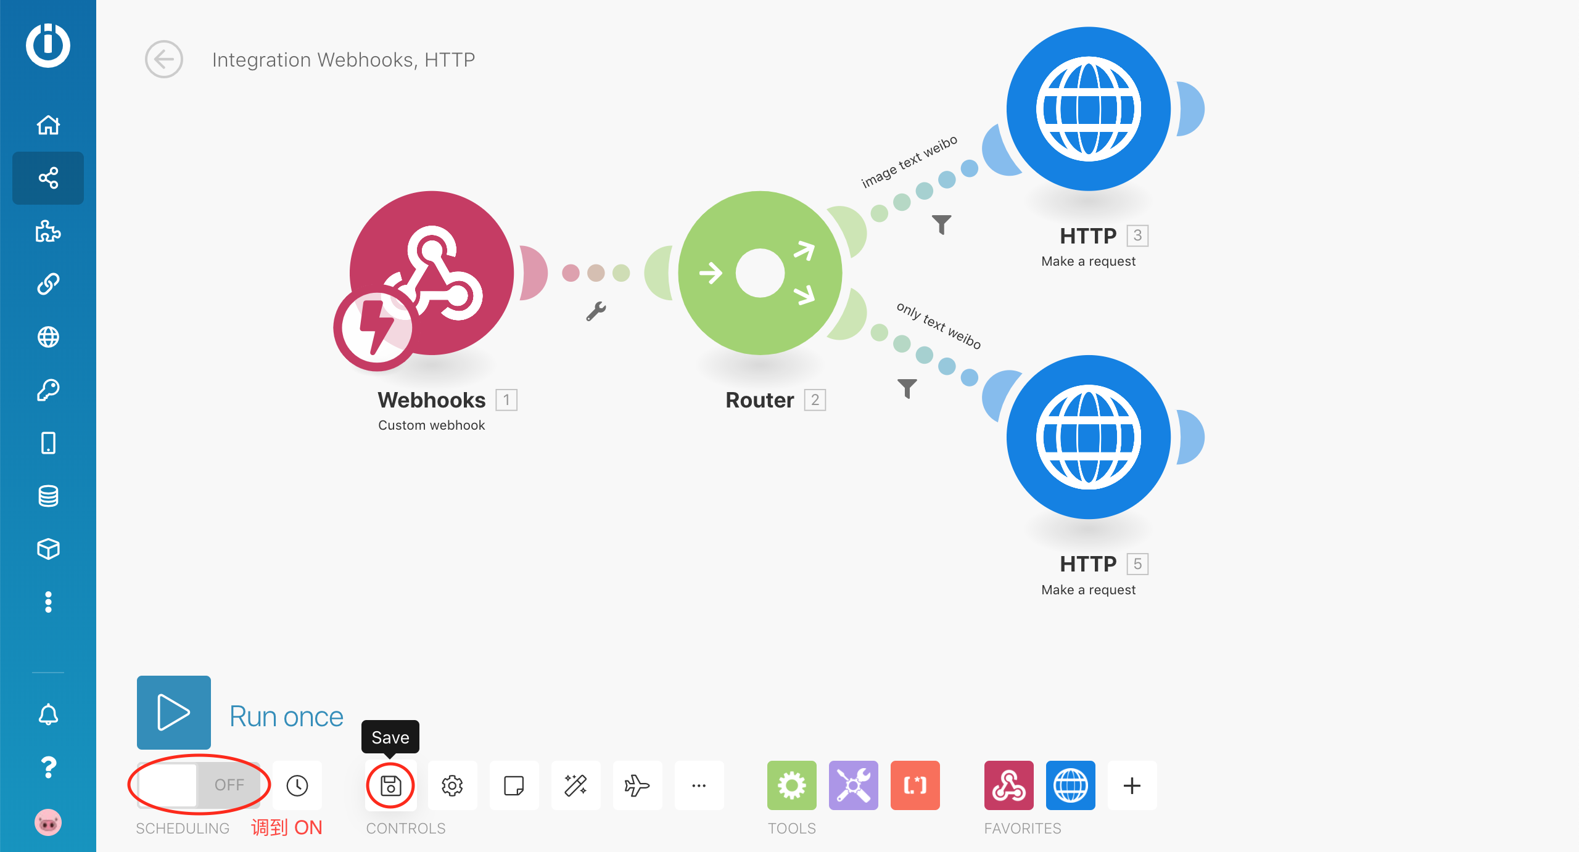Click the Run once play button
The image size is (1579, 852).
[173, 712]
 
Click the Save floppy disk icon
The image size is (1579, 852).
[390, 785]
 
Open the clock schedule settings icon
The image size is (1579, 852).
[297, 785]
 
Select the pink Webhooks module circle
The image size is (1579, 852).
[432, 273]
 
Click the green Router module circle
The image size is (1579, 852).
[760, 273]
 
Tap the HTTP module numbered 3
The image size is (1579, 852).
[1088, 109]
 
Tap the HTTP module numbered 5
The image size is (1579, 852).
[1088, 437]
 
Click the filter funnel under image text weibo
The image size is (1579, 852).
[941, 224]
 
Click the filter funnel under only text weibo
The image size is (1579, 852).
[907, 388]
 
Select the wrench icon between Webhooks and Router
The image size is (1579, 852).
[596, 311]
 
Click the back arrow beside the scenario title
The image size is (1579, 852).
[164, 59]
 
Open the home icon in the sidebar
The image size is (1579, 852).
[48, 125]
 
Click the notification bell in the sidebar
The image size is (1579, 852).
[48, 715]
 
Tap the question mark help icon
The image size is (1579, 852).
[48, 768]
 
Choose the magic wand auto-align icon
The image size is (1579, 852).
[575, 785]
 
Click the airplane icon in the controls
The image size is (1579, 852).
[637, 785]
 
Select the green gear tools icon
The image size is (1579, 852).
[791, 785]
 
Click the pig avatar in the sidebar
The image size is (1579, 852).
[48, 822]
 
